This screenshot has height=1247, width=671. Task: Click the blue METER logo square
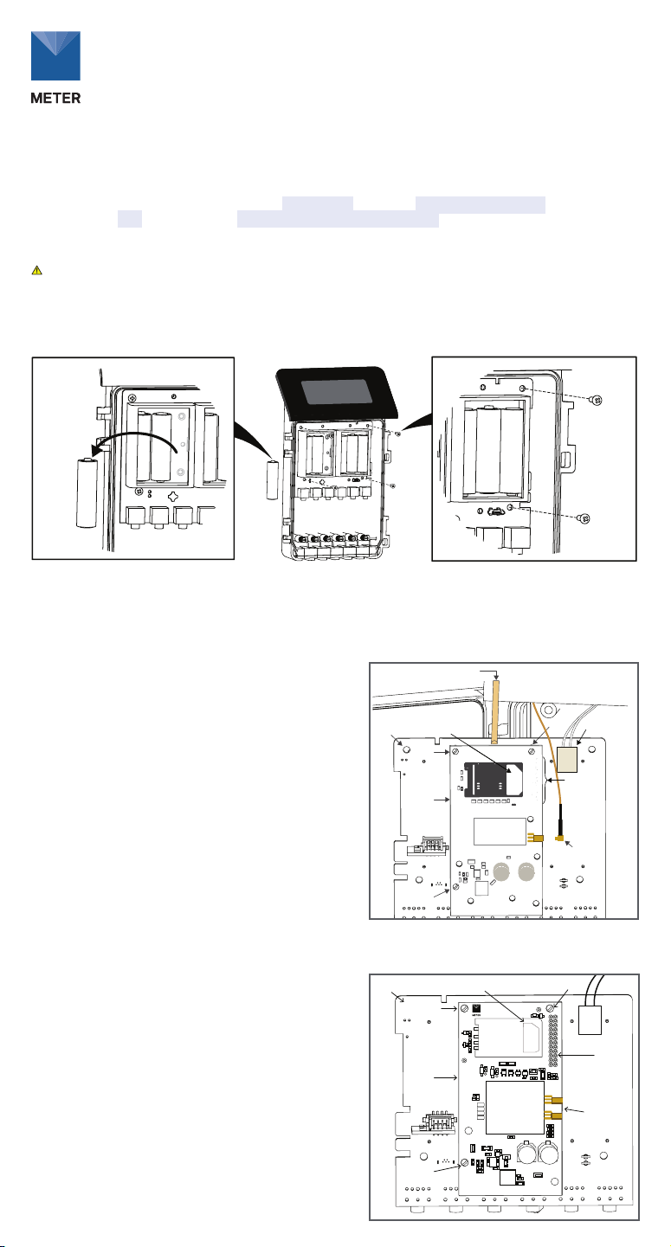tap(55, 55)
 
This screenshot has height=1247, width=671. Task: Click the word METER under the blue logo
tap(55, 98)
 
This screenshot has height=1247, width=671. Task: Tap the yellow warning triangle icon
tap(36, 271)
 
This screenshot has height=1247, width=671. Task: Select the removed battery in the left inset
tap(87, 492)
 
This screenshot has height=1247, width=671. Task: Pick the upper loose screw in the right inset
tap(597, 399)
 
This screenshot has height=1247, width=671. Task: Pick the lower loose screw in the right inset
tap(584, 518)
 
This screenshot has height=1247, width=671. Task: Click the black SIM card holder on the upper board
tap(493, 780)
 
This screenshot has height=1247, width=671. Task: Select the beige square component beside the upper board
tap(567, 759)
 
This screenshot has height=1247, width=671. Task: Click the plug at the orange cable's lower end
tap(559, 836)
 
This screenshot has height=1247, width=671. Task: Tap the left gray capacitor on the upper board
tap(501, 871)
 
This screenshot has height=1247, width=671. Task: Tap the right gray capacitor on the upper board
tap(526, 871)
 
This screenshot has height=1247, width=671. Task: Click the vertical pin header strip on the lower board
tap(553, 1040)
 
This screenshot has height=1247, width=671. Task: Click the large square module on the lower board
tap(514, 1108)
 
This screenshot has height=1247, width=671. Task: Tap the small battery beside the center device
tap(273, 480)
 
